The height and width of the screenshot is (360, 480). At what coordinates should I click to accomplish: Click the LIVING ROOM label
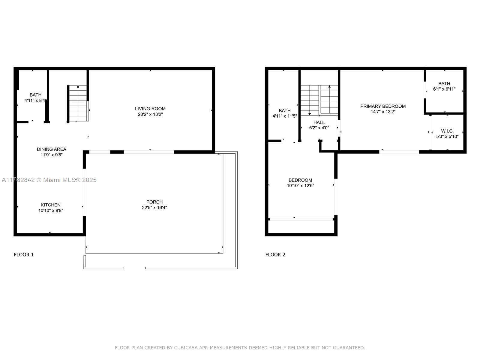pos(150,109)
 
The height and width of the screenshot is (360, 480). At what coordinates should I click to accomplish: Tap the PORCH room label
pos(154,202)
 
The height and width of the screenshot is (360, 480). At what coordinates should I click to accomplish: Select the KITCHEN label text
pos(50,205)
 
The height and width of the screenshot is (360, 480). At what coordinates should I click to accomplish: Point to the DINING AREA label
pos(51,149)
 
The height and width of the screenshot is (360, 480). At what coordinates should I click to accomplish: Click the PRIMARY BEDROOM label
pos(383,106)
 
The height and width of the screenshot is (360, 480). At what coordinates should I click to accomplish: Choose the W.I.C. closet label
pos(447,131)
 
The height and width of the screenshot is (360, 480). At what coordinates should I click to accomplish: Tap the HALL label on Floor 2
pos(319,122)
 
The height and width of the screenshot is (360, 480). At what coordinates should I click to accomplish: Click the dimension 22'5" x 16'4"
pos(154,208)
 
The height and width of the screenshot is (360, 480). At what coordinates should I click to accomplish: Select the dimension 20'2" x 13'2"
pos(150,114)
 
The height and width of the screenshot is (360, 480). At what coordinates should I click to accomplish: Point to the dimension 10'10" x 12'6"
pos(301,186)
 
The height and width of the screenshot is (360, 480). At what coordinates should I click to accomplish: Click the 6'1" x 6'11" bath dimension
pos(444,89)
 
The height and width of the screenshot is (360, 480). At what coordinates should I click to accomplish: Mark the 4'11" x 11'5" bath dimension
pos(284,116)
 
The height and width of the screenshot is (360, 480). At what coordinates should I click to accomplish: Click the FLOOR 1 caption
pos(24,255)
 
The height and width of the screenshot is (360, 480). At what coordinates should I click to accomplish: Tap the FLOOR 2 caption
pos(275,255)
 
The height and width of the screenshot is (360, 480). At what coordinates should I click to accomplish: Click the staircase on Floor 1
pos(78,103)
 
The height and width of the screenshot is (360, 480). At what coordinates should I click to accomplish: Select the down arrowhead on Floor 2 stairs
pos(310,114)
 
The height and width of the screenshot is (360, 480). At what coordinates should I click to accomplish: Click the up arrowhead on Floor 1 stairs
pos(78,87)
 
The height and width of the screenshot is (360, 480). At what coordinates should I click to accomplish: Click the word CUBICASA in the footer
pos(186,348)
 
